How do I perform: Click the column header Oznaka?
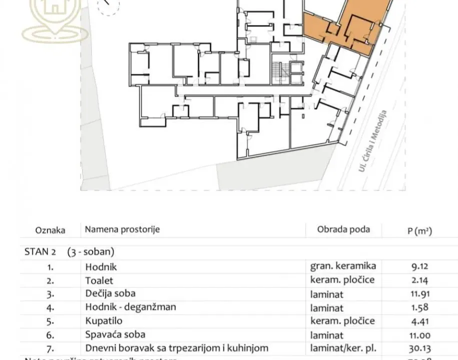[50, 230]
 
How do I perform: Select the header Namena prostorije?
[122, 229]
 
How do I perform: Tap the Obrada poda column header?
[343, 229]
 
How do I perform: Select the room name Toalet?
[99, 281]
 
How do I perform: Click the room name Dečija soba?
[110, 293]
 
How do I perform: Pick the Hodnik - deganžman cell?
[130, 307]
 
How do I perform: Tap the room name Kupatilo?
[103, 321]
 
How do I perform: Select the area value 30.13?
[419, 348]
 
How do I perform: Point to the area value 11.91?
[419, 294]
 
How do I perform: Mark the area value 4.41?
[419, 321]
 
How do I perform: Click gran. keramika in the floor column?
[343, 266]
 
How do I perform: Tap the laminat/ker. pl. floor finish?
[343, 348]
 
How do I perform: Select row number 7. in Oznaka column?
[50, 348]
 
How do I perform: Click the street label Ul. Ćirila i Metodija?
[372, 141]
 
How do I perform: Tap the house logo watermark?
[52, 17]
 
